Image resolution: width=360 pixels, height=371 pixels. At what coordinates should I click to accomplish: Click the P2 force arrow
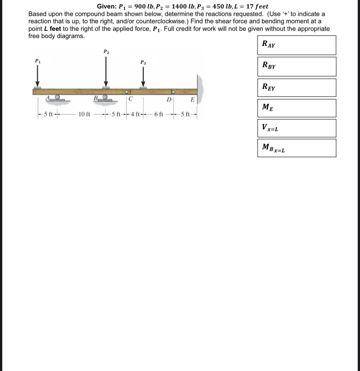tap(106, 71)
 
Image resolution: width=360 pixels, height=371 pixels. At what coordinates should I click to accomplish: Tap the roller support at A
tap(57, 97)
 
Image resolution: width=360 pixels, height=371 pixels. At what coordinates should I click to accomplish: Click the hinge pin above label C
tap(127, 92)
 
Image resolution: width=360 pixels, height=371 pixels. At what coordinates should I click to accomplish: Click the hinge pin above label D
tap(173, 92)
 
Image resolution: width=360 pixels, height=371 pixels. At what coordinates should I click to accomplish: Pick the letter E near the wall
tap(192, 99)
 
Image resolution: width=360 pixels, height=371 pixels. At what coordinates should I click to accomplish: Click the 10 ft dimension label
tap(84, 114)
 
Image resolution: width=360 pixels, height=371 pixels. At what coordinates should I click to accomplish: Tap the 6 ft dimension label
tap(159, 114)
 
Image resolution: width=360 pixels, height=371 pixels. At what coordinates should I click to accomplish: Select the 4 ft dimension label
tap(135, 114)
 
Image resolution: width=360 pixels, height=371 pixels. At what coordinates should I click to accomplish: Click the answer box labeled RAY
tap(297, 45)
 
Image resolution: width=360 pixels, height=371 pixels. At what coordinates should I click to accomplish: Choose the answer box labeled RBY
tap(297, 66)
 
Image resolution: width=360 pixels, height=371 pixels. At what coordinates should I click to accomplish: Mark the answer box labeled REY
tap(297, 87)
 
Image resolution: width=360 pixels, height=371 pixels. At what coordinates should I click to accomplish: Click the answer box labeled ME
tap(297, 108)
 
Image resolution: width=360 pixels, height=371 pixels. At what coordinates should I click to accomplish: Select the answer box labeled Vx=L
tap(297, 128)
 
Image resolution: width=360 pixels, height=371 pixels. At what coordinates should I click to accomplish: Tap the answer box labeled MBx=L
tap(297, 148)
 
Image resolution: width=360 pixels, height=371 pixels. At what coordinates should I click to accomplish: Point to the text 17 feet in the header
tap(257, 6)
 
